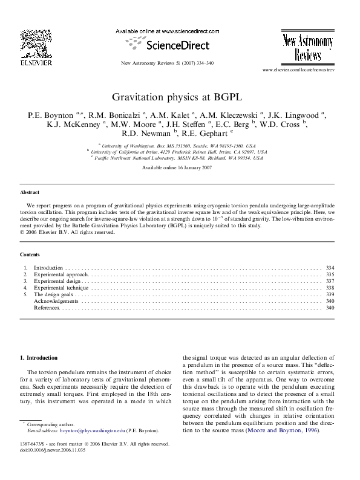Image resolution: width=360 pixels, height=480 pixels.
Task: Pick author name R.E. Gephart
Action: [x=205, y=134]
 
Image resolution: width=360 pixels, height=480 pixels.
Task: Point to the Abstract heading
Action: [x=30, y=192]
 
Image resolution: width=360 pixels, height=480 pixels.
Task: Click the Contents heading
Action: [x=30, y=255]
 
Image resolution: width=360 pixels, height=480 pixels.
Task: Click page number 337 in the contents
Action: [x=330, y=281]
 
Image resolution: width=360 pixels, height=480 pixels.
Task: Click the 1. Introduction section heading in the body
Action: [x=39, y=358]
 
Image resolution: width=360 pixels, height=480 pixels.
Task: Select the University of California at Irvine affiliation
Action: [x=179, y=152]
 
